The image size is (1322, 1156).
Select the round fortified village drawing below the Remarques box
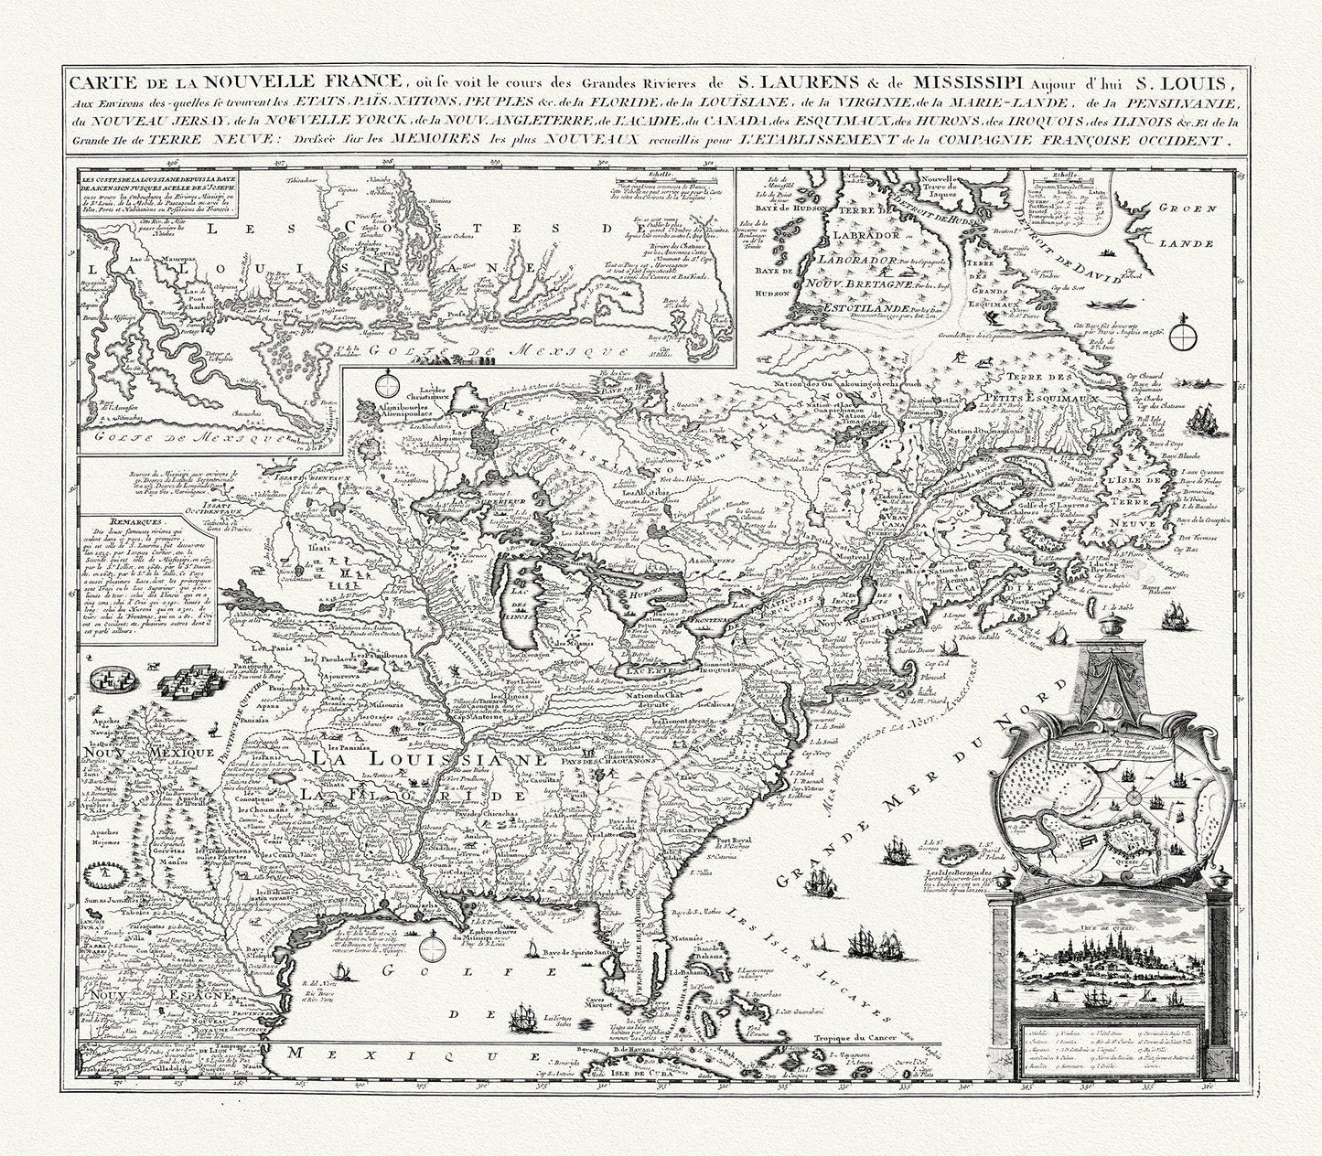(119, 679)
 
